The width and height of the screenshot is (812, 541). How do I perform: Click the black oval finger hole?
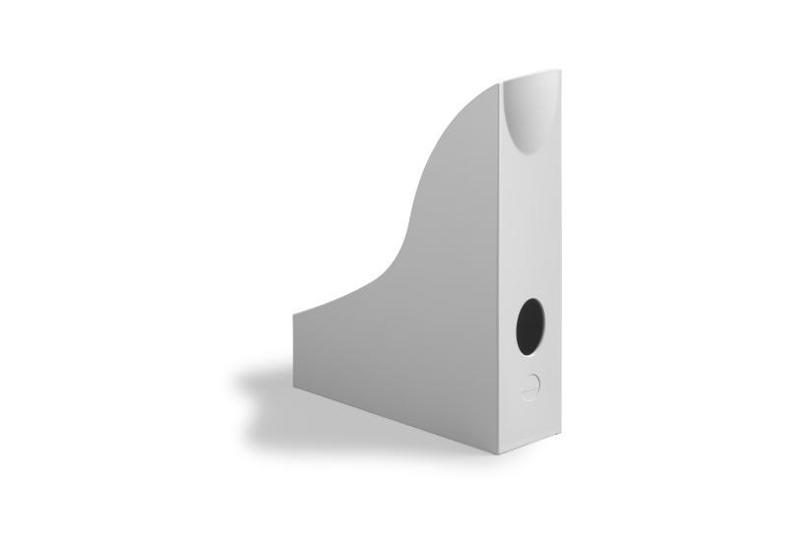[x=530, y=327]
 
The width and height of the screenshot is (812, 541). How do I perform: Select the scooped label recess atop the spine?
[x=530, y=113]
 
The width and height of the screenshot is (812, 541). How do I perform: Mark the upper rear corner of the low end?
[x=294, y=315]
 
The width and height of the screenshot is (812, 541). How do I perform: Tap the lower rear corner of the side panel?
[x=294, y=386]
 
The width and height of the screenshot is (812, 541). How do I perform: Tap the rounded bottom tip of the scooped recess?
[x=526, y=152]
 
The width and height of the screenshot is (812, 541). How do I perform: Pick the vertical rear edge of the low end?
[x=294, y=350]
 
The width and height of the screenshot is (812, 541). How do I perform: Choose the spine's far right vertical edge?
[x=558, y=256]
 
